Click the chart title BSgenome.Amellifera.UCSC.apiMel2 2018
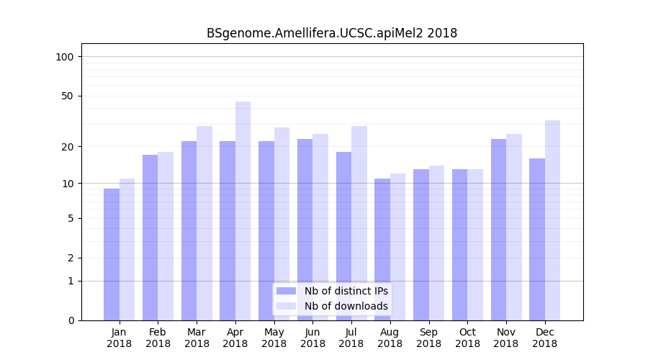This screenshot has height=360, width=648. (x=332, y=33)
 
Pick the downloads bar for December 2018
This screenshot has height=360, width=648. (x=552, y=220)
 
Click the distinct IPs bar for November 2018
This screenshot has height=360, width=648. (x=498, y=230)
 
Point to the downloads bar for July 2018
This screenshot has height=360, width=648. (x=359, y=223)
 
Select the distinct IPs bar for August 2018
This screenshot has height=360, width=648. (x=382, y=249)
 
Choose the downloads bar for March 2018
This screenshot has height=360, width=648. (x=204, y=223)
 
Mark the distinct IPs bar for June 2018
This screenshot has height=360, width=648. (x=305, y=230)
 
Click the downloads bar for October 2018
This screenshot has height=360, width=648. (x=475, y=245)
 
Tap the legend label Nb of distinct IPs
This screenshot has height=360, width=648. (x=346, y=291)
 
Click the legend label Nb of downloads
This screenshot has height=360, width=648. (x=346, y=306)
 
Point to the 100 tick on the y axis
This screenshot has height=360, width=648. (x=65, y=57)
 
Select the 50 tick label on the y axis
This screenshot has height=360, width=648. (x=68, y=96)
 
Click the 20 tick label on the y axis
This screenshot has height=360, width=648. (x=68, y=147)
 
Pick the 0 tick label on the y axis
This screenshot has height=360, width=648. (x=71, y=320)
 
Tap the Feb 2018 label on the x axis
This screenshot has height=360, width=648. (x=158, y=338)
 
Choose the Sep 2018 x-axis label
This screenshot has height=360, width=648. (x=428, y=338)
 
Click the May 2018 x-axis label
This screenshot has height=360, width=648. (x=274, y=338)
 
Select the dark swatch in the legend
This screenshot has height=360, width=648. (x=287, y=291)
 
